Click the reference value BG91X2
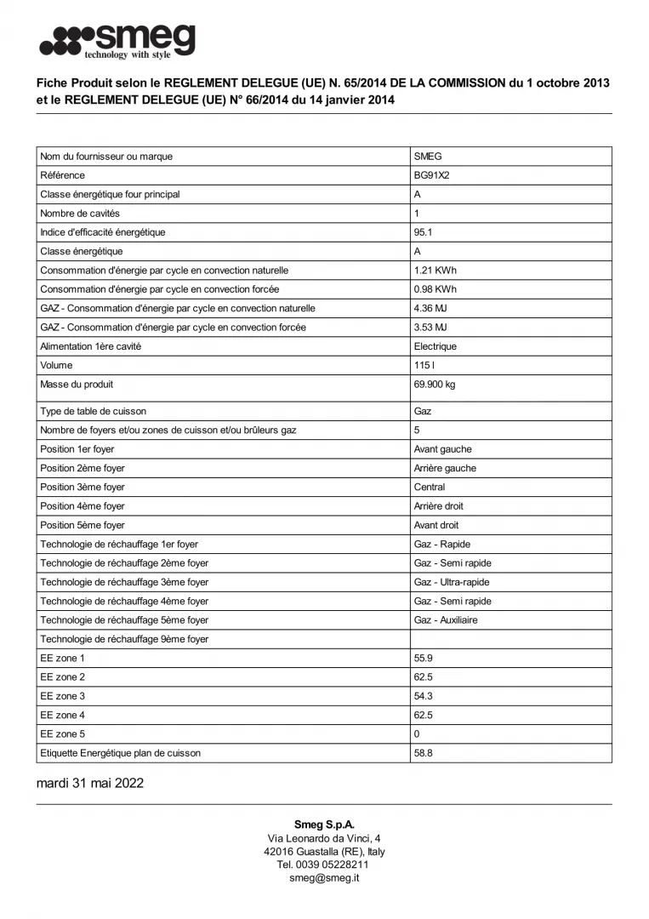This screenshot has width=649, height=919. [x=431, y=175]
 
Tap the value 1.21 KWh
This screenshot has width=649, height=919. [x=435, y=271]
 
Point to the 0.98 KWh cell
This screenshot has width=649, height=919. [x=435, y=289]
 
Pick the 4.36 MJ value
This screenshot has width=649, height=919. [x=430, y=308]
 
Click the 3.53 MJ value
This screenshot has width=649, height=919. [x=430, y=328]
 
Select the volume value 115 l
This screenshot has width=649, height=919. [x=423, y=365]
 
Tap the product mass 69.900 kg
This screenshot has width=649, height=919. [x=435, y=385]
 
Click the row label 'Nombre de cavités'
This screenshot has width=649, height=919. [x=80, y=214]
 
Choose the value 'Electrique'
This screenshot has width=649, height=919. [x=436, y=346]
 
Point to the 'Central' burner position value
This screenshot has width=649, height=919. [x=430, y=488]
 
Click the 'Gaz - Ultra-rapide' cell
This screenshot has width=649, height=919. [x=452, y=582]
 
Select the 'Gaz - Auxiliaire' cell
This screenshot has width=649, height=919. [x=446, y=620]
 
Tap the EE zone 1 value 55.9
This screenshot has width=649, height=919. [x=423, y=659]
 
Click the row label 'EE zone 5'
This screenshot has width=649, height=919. [x=62, y=734]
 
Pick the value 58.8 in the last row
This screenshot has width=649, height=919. [x=423, y=753]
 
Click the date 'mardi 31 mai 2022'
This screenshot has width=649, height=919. [x=90, y=784]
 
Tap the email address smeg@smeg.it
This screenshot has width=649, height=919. [x=324, y=877]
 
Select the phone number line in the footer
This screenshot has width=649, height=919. [x=324, y=865]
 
